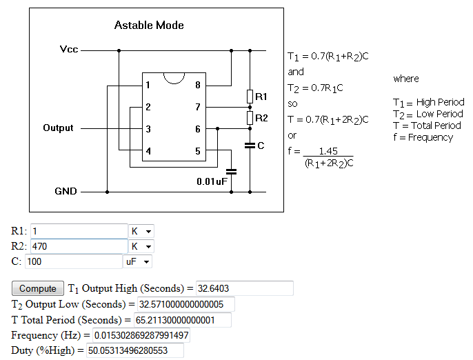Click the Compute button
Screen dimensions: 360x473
(38, 288)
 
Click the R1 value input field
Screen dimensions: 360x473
(79, 231)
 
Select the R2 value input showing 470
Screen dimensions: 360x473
(79, 246)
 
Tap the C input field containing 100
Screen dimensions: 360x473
(73, 261)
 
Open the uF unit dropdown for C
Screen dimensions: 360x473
(137, 261)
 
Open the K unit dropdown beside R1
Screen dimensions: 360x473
(141, 231)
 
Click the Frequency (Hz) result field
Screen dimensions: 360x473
(145, 336)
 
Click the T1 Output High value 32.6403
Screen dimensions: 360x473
(244, 288)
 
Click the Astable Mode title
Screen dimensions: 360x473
(149, 26)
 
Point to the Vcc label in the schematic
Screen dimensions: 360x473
(69, 50)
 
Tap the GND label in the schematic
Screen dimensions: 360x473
(66, 191)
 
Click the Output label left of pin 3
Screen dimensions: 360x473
(58, 128)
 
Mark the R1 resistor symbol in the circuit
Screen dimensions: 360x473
(250, 97)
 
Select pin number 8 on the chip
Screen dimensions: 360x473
(198, 86)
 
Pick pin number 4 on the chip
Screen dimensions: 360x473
(148, 151)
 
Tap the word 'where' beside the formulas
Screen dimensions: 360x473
(406, 79)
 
